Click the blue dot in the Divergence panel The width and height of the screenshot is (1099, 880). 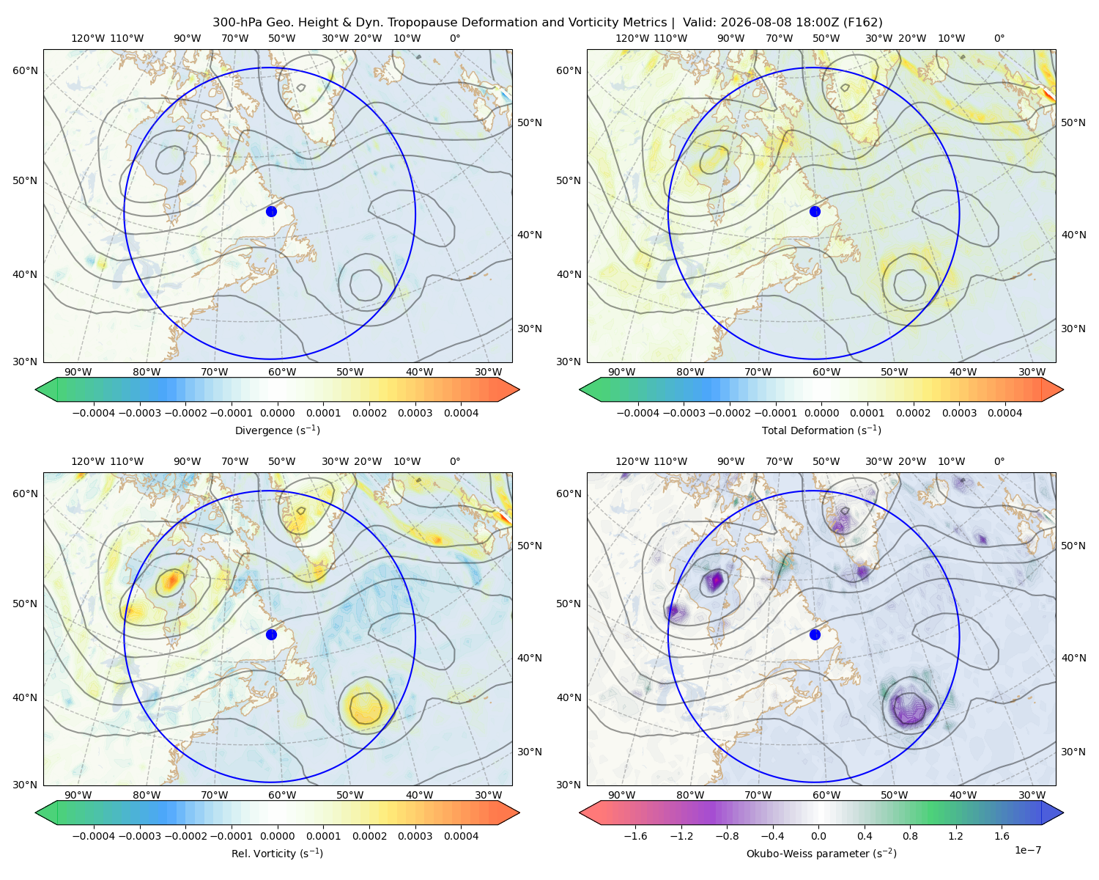pos(271,211)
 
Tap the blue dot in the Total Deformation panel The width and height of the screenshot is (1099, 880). pos(815,211)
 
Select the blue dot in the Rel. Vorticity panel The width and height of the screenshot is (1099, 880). pos(271,634)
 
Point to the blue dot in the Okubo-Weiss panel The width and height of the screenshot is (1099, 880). pos(815,634)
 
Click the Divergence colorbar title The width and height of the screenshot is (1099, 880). pos(277,430)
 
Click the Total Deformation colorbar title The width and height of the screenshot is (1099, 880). pos(821,430)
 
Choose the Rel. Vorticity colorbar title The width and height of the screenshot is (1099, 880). pos(277,853)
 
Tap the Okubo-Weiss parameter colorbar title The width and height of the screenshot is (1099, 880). pos(821,853)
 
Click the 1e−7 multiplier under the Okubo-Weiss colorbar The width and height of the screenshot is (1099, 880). pos(1027,850)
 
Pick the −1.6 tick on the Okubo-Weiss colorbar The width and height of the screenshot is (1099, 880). pos(635,835)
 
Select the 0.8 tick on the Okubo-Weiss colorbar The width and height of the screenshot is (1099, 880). pos(910,835)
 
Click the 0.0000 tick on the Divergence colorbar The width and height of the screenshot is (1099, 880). pos(277,413)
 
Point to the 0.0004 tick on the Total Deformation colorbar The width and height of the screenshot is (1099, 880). pos(1004,413)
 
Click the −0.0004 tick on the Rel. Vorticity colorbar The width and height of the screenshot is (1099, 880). pos(94,835)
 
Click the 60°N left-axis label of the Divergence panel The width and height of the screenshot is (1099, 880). pos(25,70)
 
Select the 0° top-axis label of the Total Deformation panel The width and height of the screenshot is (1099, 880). pos(999,38)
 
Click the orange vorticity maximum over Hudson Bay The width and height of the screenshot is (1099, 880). pos(171,580)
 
